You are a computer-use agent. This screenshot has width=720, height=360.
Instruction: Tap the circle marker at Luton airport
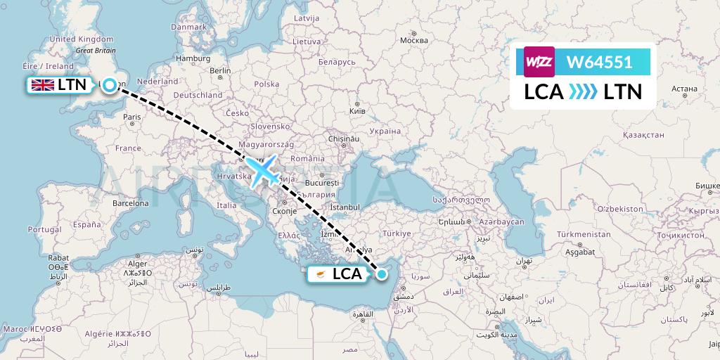pyautogui.click(x=110, y=85)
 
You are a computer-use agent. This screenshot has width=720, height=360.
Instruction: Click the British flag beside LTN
pyautogui.click(x=41, y=85)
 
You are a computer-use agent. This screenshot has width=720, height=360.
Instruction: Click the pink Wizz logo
pyautogui.click(x=539, y=62)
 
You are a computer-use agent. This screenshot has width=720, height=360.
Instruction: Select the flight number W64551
pyautogui.click(x=600, y=63)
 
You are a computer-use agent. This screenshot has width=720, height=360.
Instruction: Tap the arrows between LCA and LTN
pyautogui.click(x=583, y=92)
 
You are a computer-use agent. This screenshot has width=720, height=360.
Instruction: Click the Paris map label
pyautogui.click(x=131, y=117)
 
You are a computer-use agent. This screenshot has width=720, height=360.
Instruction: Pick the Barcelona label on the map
pyautogui.click(x=131, y=202)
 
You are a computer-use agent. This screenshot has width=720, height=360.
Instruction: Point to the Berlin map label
pyautogui.click(x=220, y=70)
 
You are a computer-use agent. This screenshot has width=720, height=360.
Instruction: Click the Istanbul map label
pyautogui.click(x=345, y=207)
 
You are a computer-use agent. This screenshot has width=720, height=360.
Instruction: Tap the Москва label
pyautogui.click(x=413, y=40)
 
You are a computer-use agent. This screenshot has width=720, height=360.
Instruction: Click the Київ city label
pyautogui.click(x=358, y=111)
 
